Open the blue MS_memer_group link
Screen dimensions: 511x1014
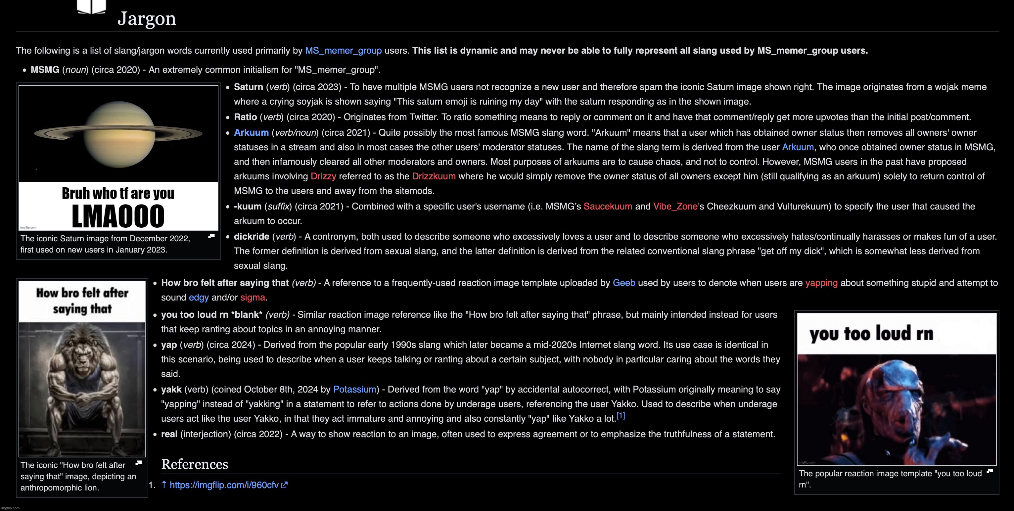(x=343, y=51)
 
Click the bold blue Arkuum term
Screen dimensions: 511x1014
(x=251, y=133)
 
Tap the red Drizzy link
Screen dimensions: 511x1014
(x=323, y=176)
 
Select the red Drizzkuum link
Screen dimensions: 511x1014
(x=434, y=176)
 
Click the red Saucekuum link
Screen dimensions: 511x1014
(x=607, y=207)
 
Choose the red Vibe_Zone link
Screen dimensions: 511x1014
(x=675, y=207)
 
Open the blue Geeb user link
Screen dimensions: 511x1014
(x=623, y=283)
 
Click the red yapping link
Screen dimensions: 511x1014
(x=821, y=283)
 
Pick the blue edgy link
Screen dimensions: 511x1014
(x=199, y=298)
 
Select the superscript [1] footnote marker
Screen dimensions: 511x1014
(x=621, y=416)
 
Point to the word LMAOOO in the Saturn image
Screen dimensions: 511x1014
(x=118, y=216)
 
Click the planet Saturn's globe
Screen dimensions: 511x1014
(x=118, y=133)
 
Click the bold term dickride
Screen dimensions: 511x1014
(x=251, y=237)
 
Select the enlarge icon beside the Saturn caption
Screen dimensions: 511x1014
(x=211, y=236)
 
